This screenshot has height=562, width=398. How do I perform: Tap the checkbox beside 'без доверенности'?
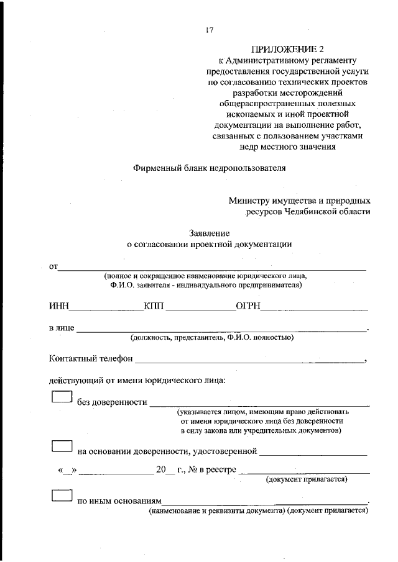(x=62, y=397)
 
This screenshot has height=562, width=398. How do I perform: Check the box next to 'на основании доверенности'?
(x=62, y=446)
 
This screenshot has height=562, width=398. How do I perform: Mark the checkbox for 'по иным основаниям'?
(x=62, y=496)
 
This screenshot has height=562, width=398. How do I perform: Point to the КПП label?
(x=153, y=307)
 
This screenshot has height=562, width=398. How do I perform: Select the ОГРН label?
(x=248, y=307)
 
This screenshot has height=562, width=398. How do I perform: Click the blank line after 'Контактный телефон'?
(x=249, y=360)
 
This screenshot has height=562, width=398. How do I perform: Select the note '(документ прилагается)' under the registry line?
(x=306, y=479)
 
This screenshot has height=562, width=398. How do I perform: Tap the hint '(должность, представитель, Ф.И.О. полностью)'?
(x=211, y=338)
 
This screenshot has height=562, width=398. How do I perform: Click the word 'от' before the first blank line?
(x=53, y=267)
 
